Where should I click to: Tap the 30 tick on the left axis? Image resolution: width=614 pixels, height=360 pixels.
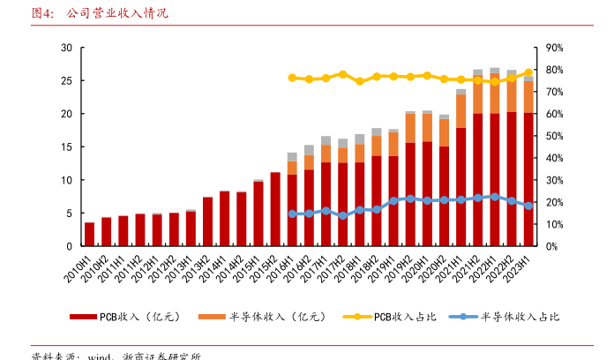[x=66, y=48]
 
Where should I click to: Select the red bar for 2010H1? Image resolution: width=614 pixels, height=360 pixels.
[x=89, y=235]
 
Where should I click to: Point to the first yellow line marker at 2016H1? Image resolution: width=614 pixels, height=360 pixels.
[x=292, y=78]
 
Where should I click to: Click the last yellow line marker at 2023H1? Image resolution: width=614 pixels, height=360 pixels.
[x=528, y=72]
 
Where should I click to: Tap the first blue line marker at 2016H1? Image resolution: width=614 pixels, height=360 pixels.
[x=292, y=214]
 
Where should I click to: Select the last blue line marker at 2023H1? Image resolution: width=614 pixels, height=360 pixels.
[x=528, y=206]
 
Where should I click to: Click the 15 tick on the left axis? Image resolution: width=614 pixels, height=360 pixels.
[x=66, y=147]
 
